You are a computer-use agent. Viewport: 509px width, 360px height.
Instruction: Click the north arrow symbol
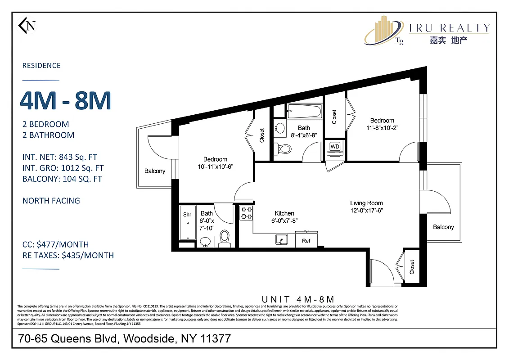(x=27, y=26)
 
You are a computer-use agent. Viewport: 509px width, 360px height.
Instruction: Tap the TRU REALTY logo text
(x=448, y=28)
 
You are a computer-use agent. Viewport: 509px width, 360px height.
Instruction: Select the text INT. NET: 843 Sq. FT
(x=60, y=157)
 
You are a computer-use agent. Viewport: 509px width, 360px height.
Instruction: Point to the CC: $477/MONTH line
(x=55, y=245)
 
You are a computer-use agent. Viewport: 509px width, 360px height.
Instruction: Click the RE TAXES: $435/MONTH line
(x=68, y=256)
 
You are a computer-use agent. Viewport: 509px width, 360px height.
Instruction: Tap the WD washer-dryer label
(x=335, y=147)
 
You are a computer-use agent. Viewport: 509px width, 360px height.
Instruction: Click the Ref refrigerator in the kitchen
(x=306, y=241)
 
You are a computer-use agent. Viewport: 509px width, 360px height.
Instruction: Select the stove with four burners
(x=246, y=213)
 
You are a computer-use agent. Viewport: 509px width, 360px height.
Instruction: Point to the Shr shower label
(x=187, y=215)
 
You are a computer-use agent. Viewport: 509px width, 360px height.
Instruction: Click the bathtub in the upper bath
(x=305, y=111)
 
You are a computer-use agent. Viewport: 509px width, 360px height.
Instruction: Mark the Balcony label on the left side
(x=155, y=171)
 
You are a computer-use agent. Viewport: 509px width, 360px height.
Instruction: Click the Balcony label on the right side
(x=443, y=227)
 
